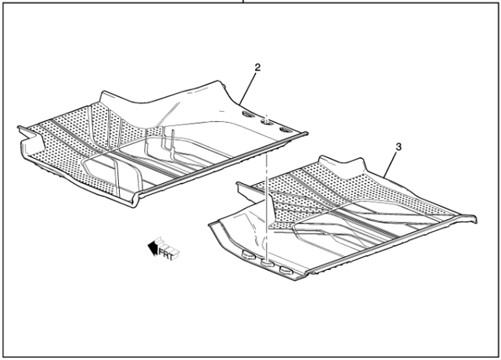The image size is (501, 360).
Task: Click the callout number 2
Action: [257, 68]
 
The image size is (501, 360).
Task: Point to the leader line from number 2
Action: [248, 88]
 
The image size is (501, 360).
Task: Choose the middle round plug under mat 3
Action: [267, 264]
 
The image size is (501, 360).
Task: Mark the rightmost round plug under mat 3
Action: [286, 270]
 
